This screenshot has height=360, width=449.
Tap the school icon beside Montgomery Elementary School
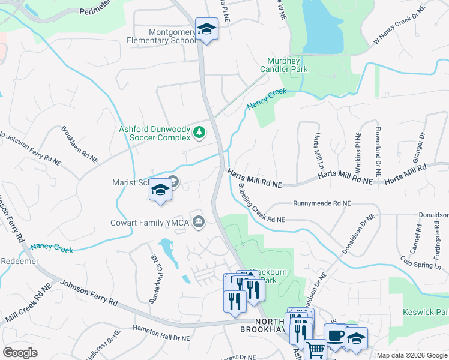(x=206, y=29)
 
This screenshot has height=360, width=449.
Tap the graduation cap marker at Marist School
(x=160, y=190)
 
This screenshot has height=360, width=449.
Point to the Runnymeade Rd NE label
(x=322, y=204)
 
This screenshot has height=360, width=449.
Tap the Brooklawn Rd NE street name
(x=79, y=145)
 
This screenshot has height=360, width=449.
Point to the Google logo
(x=20, y=353)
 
